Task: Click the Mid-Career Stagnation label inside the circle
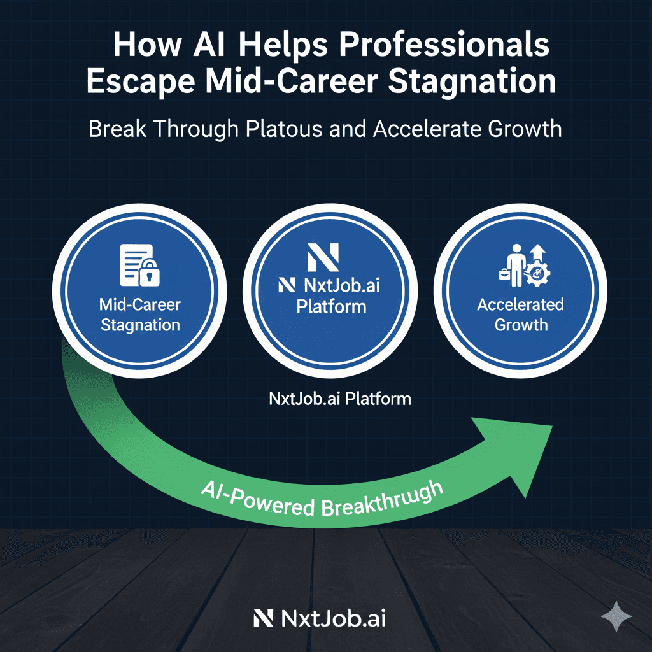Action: click(x=140, y=315)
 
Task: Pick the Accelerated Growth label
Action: click(x=521, y=315)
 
